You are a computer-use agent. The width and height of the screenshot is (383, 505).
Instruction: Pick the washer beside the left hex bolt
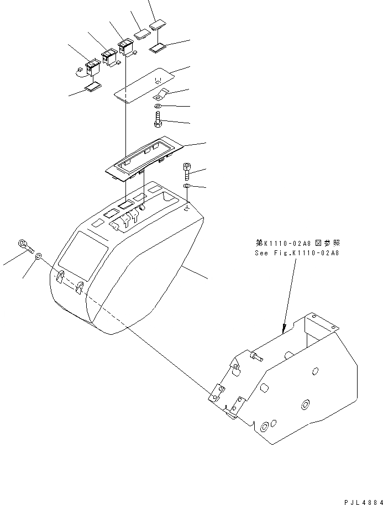click(x=39, y=256)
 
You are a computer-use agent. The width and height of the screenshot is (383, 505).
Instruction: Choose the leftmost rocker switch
click(x=90, y=69)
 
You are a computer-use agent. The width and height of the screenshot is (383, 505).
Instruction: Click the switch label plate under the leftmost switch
click(x=93, y=87)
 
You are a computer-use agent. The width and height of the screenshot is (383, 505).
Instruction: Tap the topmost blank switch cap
click(x=159, y=24)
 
